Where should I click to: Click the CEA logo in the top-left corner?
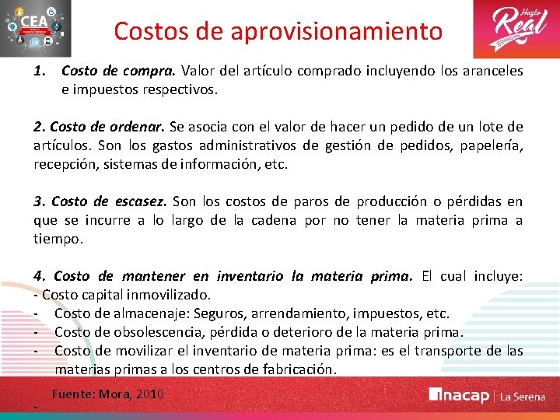click(37, 29)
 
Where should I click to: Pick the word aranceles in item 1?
click(492, 71)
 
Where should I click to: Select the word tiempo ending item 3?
click(57, 239)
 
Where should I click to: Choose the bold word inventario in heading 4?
click(250, 276)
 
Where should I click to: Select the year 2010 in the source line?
click(149, 394)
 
